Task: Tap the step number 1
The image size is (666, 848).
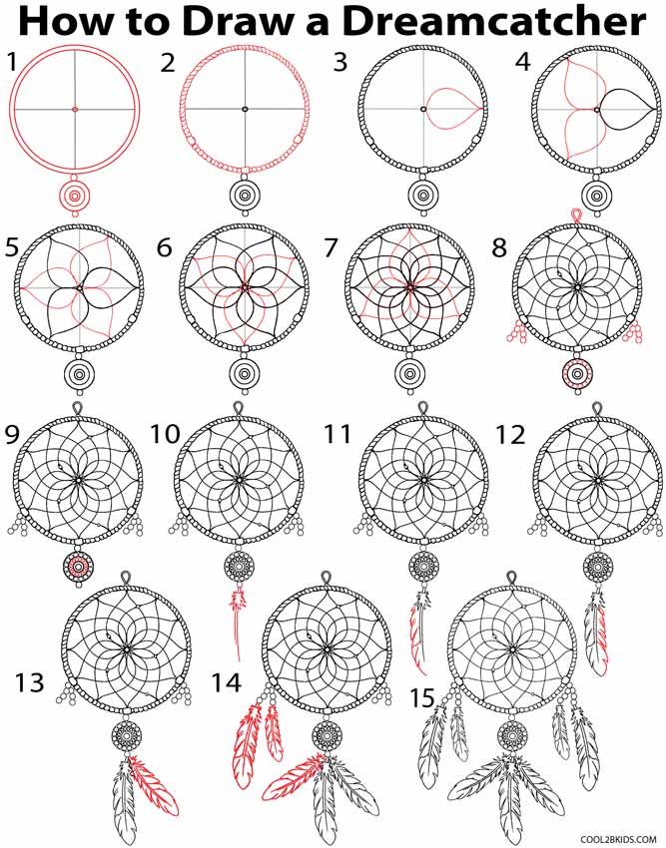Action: (12, 62)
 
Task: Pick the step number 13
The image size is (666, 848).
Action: (30, 682)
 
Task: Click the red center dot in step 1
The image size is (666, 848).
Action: (75, 109)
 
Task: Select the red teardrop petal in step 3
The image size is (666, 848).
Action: (450, 108)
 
